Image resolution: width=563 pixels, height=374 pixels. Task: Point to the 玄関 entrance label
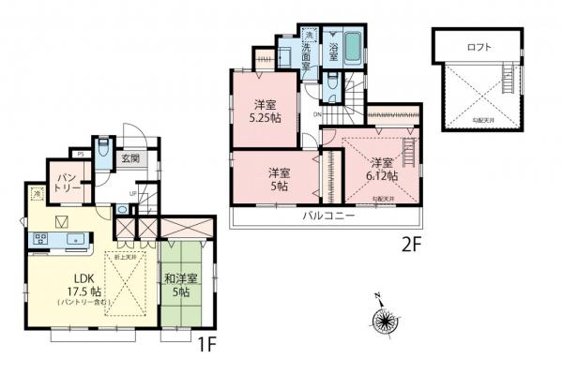click(x=130, y=158)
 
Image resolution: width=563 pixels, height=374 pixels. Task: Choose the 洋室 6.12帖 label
click(x=382, y=169)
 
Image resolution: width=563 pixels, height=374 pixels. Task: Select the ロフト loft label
click(x=479, y=46)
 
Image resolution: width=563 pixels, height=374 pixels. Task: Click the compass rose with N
click(x=385, y=320)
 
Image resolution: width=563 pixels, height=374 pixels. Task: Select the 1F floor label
click(x=206, y=343)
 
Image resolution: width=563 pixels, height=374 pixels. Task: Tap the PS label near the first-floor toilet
click(x=82, y=153)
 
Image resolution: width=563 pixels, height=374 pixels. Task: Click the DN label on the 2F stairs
click(x=316, y=115)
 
